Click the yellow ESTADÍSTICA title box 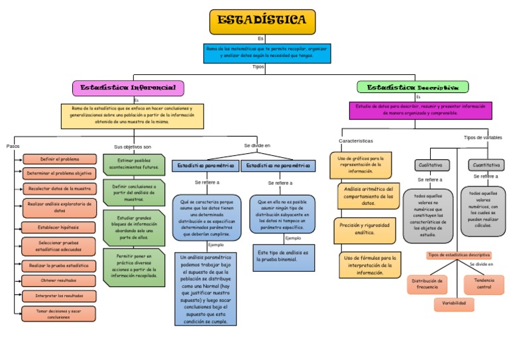pyautogui.click(x=262, y=21)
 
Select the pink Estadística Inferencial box pyautogui.click(x=128, y=88)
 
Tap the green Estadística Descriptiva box pyautogui.click(x=412, y=87)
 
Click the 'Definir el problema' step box pyautogui.click(x=60, y=159)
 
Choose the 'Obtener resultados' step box pyautogui.click(x=60, y=280)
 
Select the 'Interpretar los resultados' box pyautogui.click(x=60, y=296)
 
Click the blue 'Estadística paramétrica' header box pyautogui.click(x=205, y=166)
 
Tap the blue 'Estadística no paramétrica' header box pyautogui.click(x=278, y=166)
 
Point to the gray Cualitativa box pyautogui.click(x=432, y=165)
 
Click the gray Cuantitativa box pyautogui.click(x=486, y=165)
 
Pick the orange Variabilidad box pyautogui.click(x=455, y=304)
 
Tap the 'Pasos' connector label pyautogui.click(x=13, y=146)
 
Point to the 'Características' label pyautogui.click(x=356, y=141)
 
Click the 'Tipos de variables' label pyautogui.click(x=482, y=137)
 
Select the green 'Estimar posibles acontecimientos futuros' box pyautogui.click(x=133, y=163)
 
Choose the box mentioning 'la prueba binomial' pyautogui.click(x=284, y=257)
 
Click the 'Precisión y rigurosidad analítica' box pyautogui.click(x=365, y=229)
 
